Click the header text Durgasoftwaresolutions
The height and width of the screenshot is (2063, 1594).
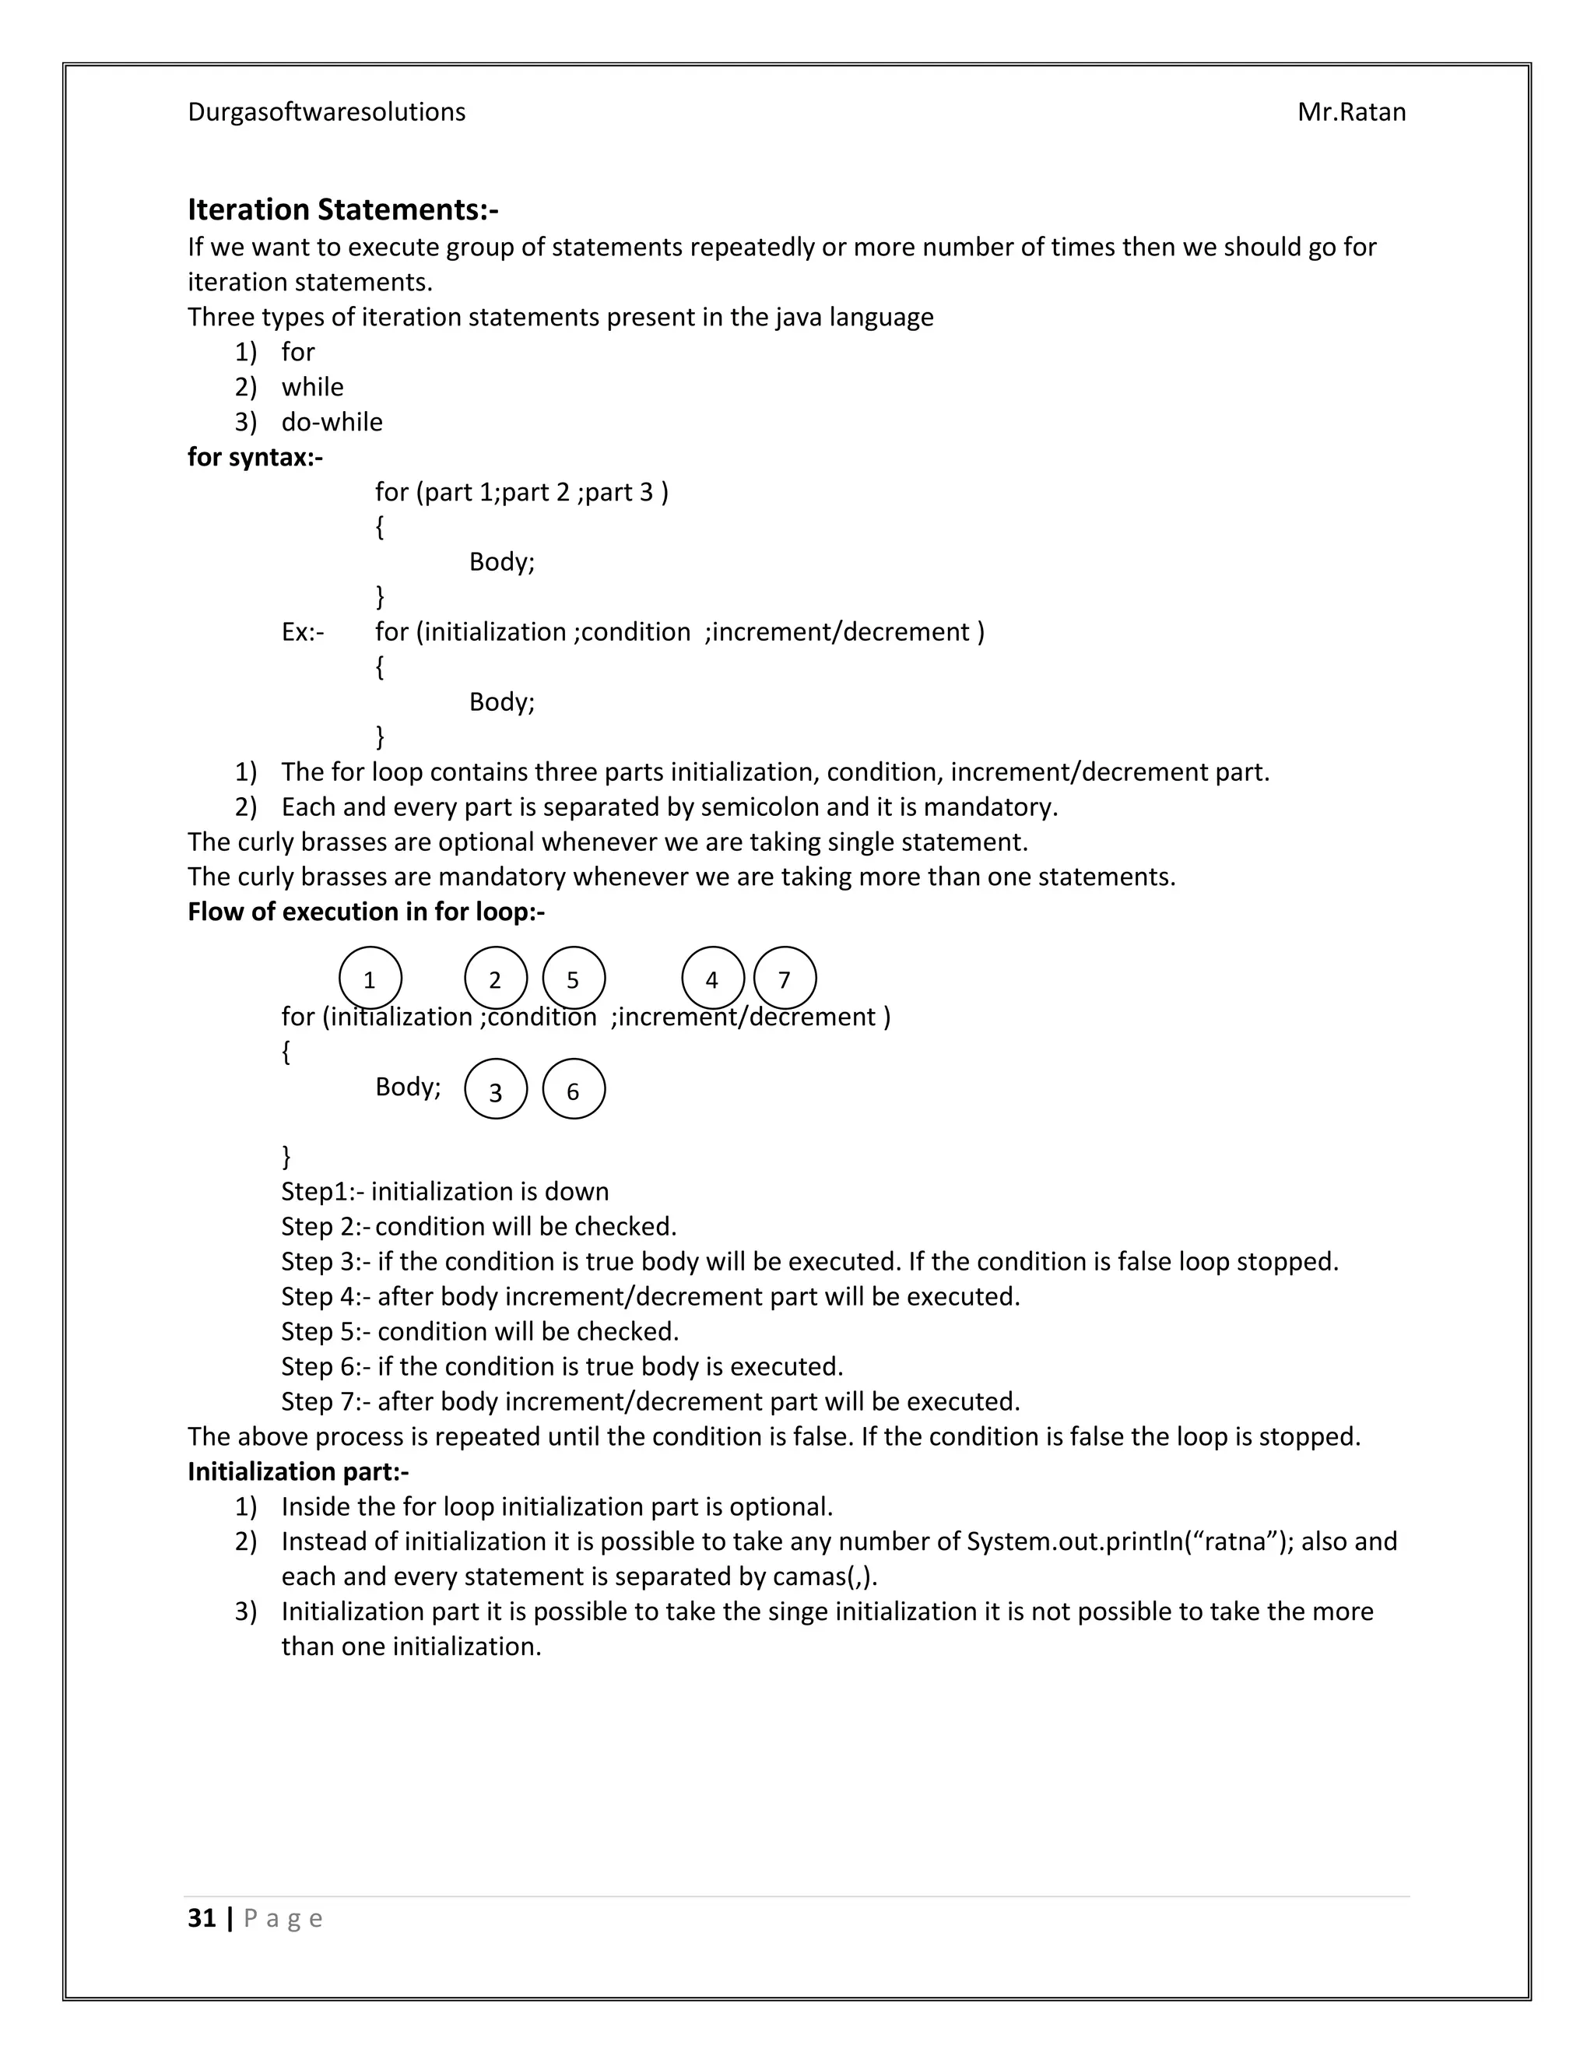point(326,112)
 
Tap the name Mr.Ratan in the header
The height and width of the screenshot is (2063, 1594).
point(1350,112)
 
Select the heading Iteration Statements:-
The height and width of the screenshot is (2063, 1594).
point(342,209)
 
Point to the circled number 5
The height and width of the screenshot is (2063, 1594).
point(573,979)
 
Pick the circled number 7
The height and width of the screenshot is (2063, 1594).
point(785,979)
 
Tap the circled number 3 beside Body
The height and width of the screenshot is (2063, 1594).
point(496,1091)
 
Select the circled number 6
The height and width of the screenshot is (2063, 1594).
point(573,1091)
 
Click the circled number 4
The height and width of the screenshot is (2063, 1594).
point(712,979)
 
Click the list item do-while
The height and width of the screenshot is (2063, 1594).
point(332,422)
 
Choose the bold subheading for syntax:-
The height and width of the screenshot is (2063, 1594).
point(255,457)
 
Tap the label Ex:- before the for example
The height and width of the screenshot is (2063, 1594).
point(302,632)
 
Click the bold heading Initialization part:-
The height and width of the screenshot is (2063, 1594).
point(297,1471)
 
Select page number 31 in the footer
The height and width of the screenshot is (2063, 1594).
point(201,1918)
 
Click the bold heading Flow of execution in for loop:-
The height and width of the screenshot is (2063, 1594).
point(366,912)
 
